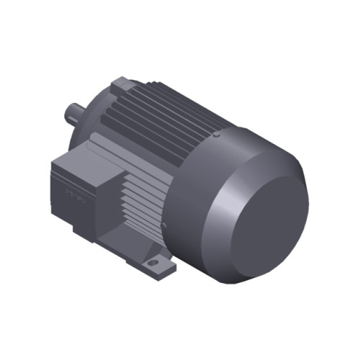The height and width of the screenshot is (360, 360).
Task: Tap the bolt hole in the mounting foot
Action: pyautogui.click(x=154, y=264)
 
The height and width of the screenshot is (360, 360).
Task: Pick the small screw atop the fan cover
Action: pyautogui.click(x=217, y=133)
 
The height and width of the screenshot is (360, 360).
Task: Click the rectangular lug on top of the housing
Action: pyautogui.click(x=121, y=85)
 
